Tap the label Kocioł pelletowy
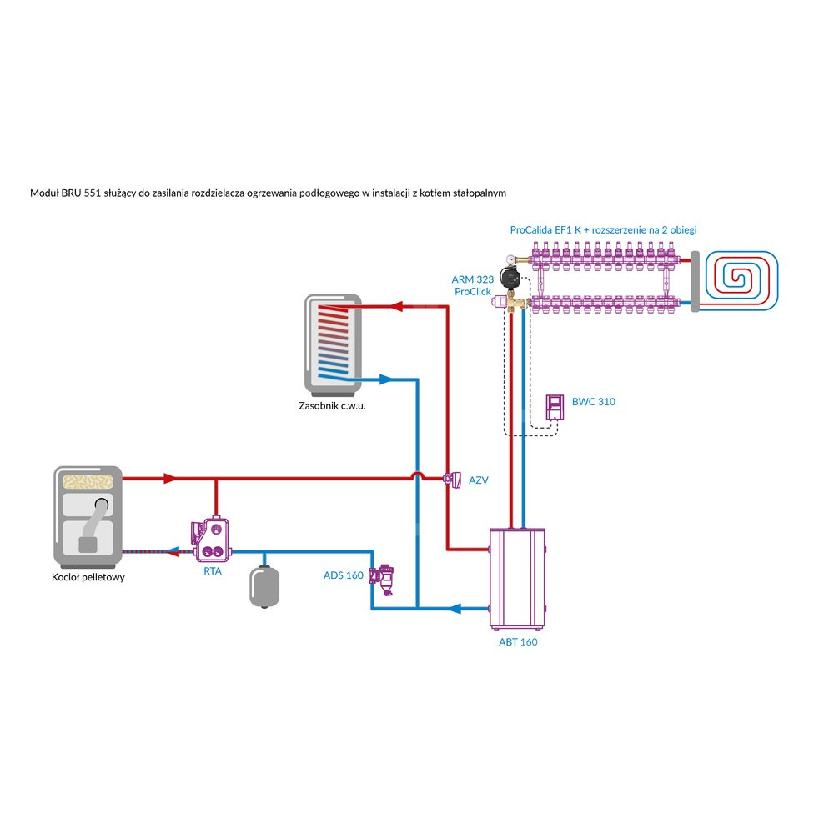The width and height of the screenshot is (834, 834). click(88, 577)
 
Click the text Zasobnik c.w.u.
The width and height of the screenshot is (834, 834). click(333, 407)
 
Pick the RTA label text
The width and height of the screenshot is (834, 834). click(212, 572)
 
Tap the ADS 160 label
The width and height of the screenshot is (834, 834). click(344, 575)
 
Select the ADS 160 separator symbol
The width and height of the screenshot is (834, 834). click(384, 576)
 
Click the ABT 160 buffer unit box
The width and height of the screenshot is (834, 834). click(518, 578)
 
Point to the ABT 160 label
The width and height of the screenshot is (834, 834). click(518, 642)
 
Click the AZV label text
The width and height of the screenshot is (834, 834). click(478, 480)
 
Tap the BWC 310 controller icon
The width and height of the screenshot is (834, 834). click(555, 407)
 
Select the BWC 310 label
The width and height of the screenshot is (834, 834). click(594, 402)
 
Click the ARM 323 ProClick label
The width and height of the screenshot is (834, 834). click(474, 285)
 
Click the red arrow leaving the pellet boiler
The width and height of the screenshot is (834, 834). click(169, 479)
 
